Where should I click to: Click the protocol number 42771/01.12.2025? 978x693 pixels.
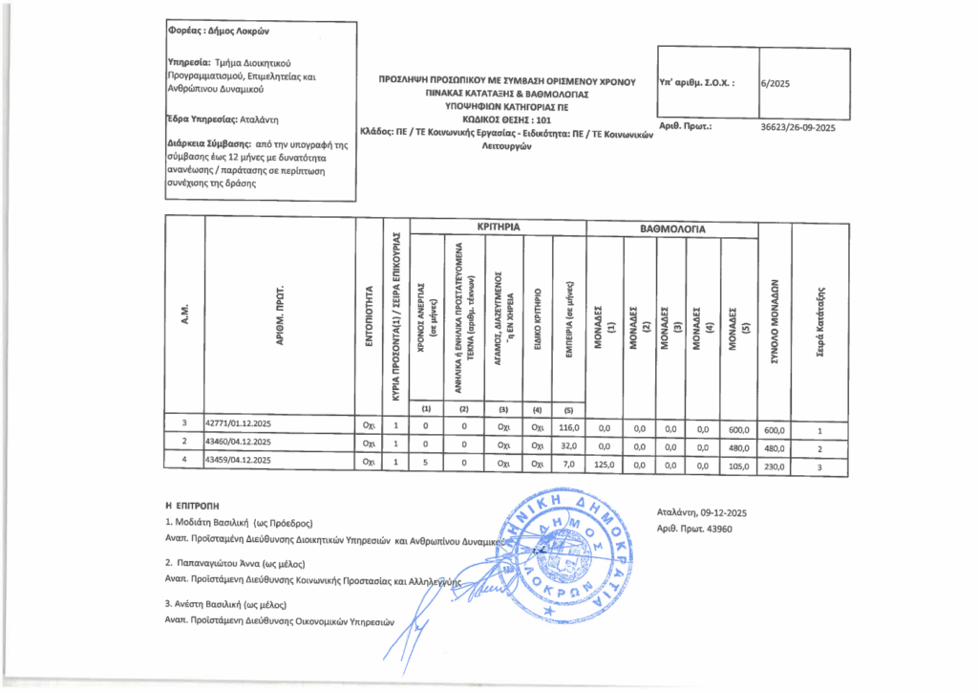tap(240, 422)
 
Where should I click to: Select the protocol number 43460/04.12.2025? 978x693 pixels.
tap(240, 442)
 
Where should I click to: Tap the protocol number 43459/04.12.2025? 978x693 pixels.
tap(240, 461)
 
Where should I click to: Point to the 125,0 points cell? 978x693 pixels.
tap(604, 467)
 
